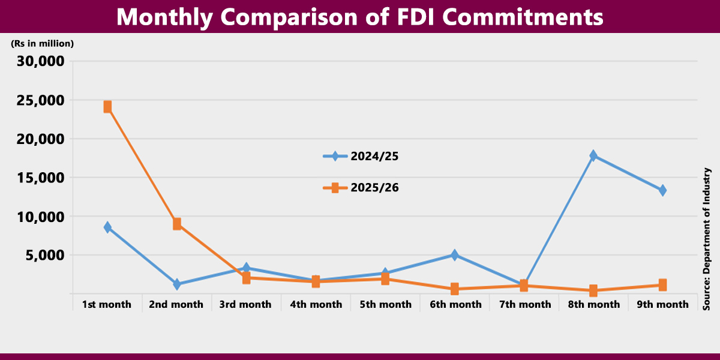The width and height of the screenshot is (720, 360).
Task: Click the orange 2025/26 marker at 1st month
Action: click(x=107, y=107)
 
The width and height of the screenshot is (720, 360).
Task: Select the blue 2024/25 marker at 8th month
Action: click(x=593, y=155)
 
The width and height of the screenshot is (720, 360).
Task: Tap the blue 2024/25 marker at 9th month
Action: click(x=662, y=190)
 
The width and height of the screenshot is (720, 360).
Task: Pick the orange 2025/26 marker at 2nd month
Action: click(x=177, y=224)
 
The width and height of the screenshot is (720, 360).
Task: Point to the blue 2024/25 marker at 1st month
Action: click(x=107, y=227)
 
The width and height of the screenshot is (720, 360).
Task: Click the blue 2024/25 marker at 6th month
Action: click(x=454, y=255)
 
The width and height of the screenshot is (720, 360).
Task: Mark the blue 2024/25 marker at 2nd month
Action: click(x=177, y=284)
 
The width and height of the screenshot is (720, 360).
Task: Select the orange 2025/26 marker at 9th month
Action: click(x=662, y=285)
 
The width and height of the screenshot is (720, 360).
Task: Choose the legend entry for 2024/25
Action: click(x=361, y=157)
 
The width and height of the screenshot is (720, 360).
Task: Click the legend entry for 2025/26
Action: click(x=361, y=188)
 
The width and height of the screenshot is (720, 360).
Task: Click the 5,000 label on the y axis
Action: click(x=44, y=255)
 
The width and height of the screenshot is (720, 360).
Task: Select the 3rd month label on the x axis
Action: click(x=245, y=304)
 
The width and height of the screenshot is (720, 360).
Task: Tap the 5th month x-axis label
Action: click(x=385, y=304)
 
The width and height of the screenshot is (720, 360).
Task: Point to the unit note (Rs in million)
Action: click(x=42, y=43)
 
